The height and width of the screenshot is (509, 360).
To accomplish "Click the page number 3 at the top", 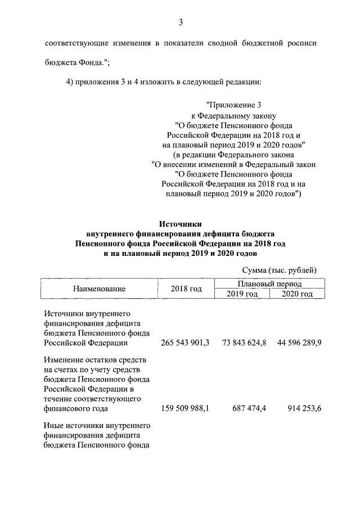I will pos(181,22).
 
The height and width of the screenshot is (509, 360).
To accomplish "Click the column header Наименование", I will pos(99,289).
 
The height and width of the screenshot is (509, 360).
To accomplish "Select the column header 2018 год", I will pos(186,289).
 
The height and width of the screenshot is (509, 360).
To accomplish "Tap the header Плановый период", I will pos(269,284).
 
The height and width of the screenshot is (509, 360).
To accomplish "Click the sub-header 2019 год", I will pos(242,294).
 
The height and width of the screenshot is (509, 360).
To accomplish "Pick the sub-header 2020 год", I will pos(297,294).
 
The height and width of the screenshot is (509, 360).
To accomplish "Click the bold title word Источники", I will pos(181,224).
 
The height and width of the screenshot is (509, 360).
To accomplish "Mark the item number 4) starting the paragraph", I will pos(70,82).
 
